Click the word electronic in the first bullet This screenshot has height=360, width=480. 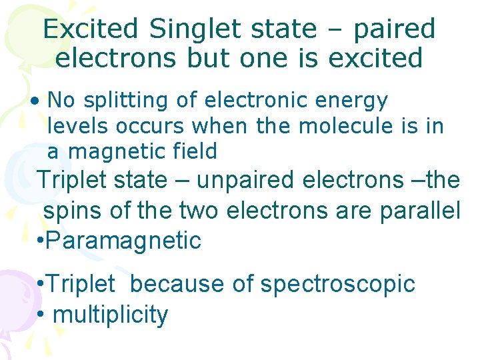[255, 100]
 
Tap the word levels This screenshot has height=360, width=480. [79, 125]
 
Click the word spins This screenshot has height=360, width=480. [73, 211]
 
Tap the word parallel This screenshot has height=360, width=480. [419, 211]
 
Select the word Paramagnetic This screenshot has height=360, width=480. [123, 241]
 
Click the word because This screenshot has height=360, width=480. [177, 284]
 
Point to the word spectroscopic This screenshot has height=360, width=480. [337, 285]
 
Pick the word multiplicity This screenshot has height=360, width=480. [110, 315]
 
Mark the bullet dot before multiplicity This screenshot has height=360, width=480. [41, 315]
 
